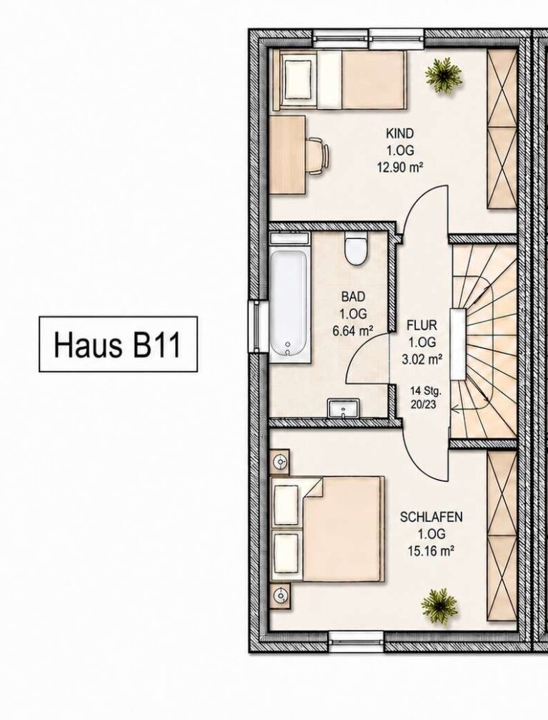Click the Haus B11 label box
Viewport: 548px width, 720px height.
[118, 344]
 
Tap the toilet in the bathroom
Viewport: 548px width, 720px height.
[356, 250]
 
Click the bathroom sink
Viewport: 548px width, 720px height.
[344, 408]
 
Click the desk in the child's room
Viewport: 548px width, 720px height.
[288, 155]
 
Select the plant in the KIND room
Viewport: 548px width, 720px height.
[443, 76]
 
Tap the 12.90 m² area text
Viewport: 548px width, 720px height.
[400, 167]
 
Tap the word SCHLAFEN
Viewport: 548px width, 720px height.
[431, 517]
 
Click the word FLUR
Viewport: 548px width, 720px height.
[422, 326]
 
